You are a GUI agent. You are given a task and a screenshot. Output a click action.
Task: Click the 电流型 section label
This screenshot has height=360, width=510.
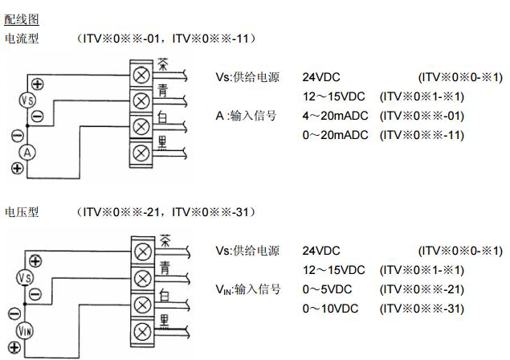click(22, 39)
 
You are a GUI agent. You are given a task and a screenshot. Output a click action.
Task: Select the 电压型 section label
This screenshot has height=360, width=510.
click(22, 212)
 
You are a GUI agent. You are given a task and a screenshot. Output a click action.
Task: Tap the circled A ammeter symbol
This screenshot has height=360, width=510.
click(27, 152)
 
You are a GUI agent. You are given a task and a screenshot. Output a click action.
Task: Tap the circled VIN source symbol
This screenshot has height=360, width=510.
click(26, 330)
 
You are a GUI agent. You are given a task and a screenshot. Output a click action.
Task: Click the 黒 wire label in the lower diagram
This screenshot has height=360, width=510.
click(164, 322)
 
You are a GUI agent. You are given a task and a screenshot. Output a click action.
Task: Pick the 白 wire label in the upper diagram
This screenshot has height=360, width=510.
click(163, 119)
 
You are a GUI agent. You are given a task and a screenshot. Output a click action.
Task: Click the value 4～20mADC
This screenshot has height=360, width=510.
click(336, 116)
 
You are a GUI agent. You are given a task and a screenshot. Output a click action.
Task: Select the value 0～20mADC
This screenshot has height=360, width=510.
click(336, 135)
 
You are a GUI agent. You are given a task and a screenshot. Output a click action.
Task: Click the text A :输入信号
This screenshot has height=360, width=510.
click(246, 116)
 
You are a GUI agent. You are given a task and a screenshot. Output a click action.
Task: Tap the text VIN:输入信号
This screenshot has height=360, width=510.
click(247, 289)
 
